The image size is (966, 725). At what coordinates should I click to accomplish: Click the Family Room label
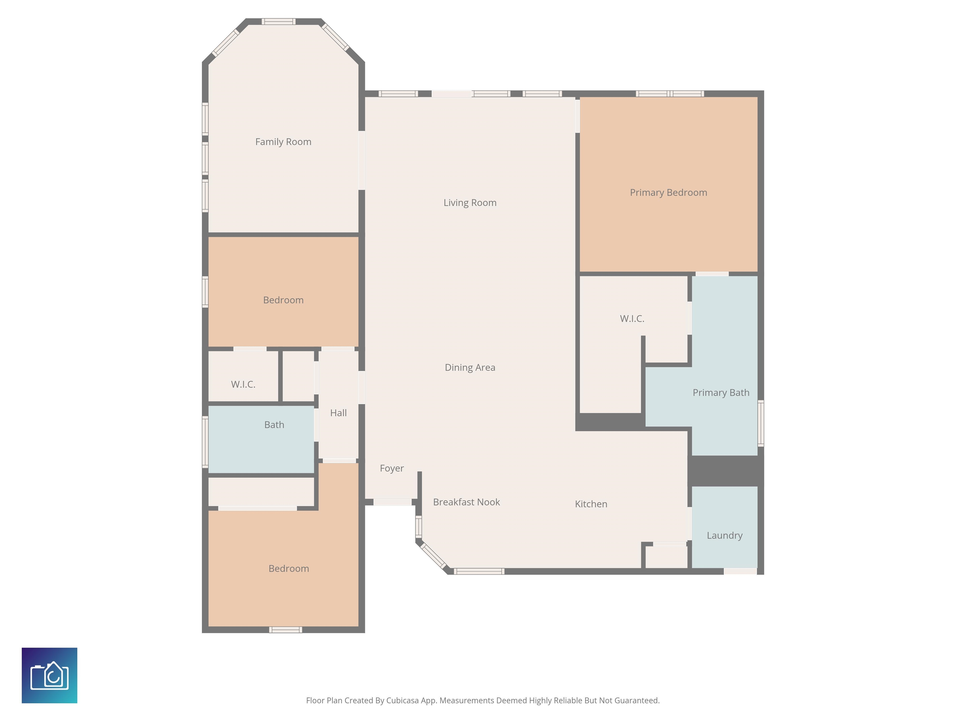tap(283, 142)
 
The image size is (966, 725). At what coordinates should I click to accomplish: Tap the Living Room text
tap(470, 203)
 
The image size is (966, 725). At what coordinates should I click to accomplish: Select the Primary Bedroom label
tap(668, 193)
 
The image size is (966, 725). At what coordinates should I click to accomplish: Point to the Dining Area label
tap(470, 368)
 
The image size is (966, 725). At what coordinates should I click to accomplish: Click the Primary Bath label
tap(721, 392)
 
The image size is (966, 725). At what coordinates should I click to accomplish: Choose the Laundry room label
tap(724, 535)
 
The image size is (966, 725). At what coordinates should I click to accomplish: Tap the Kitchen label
tap(591, 504)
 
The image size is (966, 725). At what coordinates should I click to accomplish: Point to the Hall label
tap(338, 413)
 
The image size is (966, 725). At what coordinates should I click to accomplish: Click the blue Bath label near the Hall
tap(274, 425)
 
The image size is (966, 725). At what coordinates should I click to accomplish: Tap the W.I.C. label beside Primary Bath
tap(632, 318)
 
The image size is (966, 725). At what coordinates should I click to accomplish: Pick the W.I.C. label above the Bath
tap(243, 384)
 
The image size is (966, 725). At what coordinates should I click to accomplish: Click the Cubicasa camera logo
tap(49, 676)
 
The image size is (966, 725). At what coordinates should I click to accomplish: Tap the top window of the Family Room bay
tap(279, 21)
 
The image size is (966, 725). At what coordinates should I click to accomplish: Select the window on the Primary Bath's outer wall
tap(761, 423)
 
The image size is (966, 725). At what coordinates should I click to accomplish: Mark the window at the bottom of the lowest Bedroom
tap(286, 630)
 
